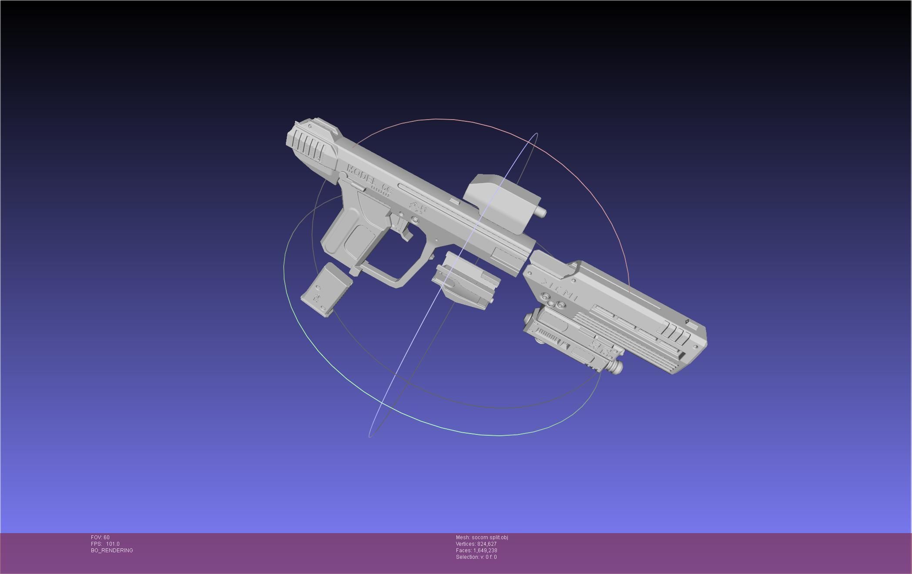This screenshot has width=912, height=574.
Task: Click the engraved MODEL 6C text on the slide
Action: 369,179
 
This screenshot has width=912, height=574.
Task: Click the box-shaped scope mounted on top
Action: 500,202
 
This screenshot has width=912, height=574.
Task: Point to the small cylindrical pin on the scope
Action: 541,212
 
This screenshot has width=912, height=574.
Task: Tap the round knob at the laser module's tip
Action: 616,367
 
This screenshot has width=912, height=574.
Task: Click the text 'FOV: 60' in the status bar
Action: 100,537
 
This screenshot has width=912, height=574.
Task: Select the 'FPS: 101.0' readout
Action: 105,544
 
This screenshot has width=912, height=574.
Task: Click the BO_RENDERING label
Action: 112,551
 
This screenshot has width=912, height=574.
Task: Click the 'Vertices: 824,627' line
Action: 476,544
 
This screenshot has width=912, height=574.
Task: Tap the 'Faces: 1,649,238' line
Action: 476,551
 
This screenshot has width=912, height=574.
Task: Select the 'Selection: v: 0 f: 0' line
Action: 476,557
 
